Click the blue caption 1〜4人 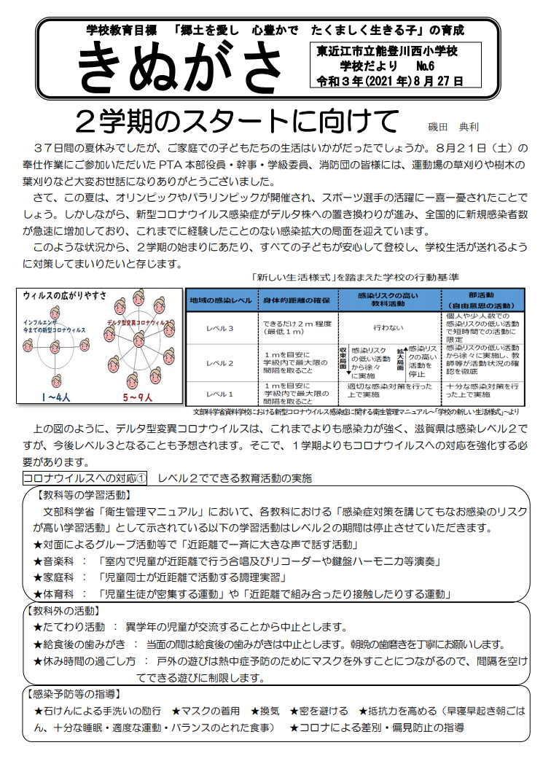click(x=56, y=397)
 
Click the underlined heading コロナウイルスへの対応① click(x=85, y=478)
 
